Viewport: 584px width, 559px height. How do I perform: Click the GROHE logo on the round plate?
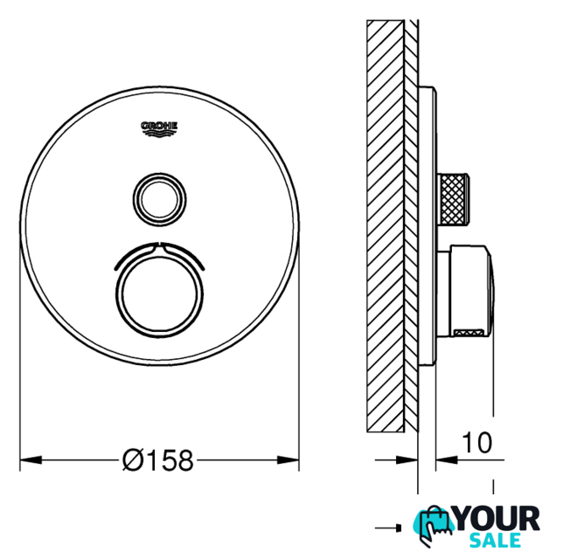[159, 128]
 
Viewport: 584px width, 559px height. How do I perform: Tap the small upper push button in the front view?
[159, 199]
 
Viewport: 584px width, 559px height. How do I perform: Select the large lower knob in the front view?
[159, 294]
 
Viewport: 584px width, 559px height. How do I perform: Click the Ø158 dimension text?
[158, 460]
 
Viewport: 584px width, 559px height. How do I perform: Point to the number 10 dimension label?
[476, 443]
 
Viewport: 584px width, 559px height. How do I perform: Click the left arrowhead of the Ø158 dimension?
[31, 460]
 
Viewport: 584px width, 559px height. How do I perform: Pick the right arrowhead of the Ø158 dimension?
[289, 460]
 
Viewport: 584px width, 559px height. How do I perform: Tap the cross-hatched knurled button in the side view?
[453, 198]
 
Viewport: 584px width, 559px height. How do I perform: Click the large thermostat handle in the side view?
[465, 292]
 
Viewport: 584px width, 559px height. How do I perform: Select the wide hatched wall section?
[386, 226]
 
